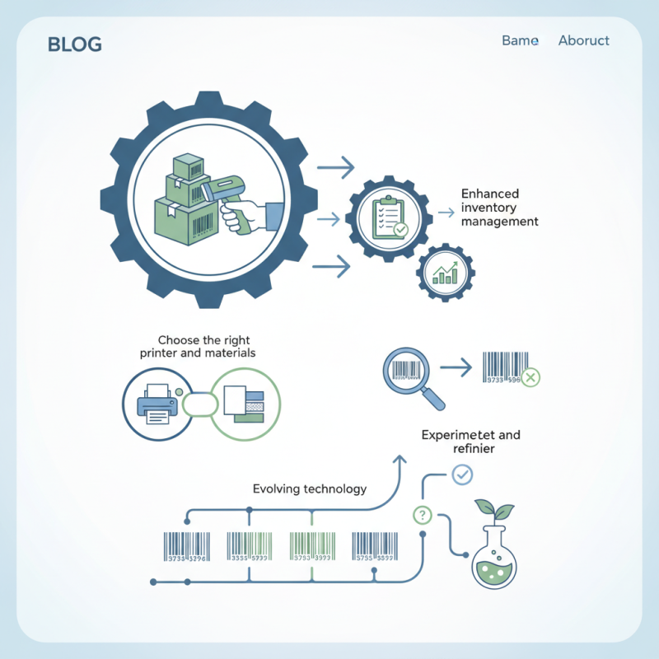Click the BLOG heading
click(x=75, y=44)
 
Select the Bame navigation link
click(x=520, y=40)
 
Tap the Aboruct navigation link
click(x=583, y=40)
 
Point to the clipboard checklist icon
click(x=387, y=217)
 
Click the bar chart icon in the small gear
click(x=446, y=273)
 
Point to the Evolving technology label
click(x=309, y=488)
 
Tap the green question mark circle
click(x=422, y=516)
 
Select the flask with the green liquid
click(x=493, y=560)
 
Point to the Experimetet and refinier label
click(x=470, y=442)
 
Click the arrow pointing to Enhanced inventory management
click(x=446, y=213)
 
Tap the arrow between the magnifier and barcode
click(x=455, y=366)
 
